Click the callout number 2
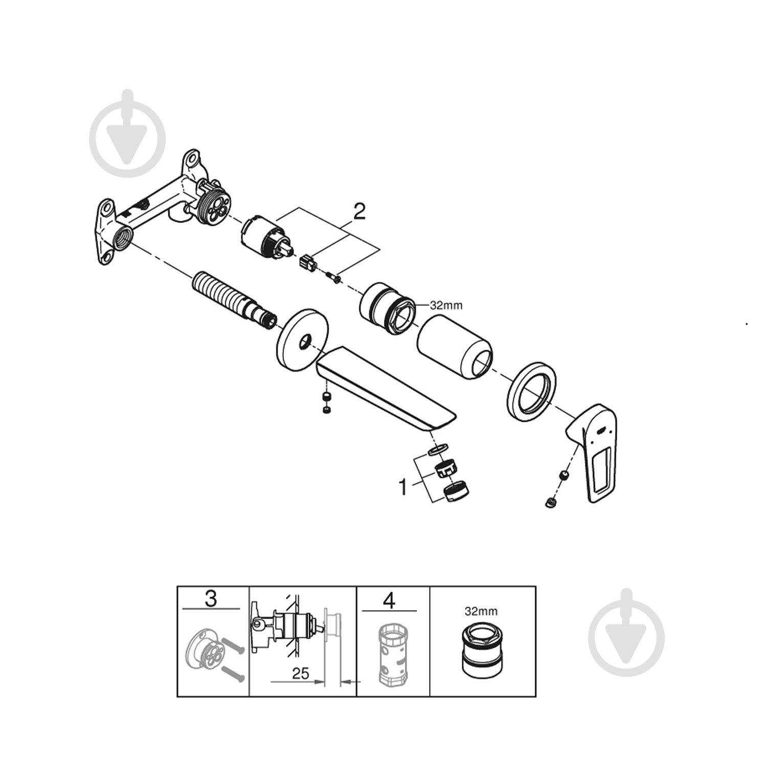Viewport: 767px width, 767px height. (360, 212)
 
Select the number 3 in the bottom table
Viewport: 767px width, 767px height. (211, 599)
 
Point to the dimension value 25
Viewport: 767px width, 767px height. (301, 673)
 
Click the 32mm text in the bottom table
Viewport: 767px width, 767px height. (481, 611)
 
